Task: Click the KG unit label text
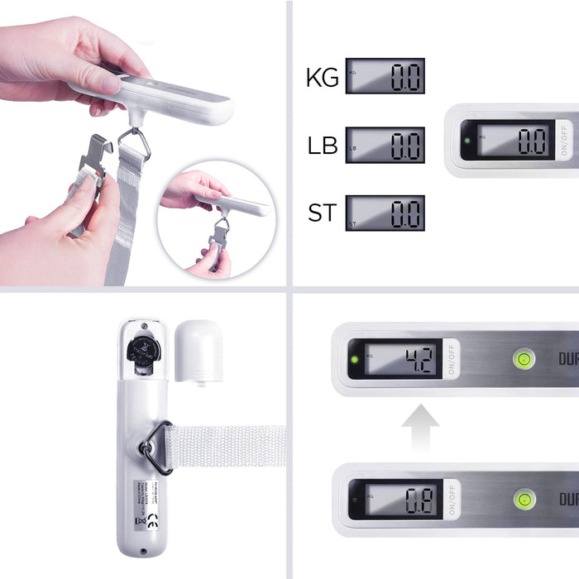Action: pyautogui.click(x=323, y=78)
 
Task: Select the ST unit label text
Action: pyautogui.click(x=323, y=213)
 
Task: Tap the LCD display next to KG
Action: pyautogui.click(x=385, y=76)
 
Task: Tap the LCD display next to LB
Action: pyautogui.click(x=385, y=145)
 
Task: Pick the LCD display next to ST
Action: pyautogui.click(x=385, y=213)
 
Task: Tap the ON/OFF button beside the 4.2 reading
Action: pyautogui.click(x=452, y=359)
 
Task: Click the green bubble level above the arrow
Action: pyautogui.click(x=524, y=359)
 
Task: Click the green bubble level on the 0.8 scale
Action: pyautogui.click(x=524, y=499)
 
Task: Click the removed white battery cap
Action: pyautogui.click(x=199, y=352)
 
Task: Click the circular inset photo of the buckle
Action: pyautogui.click(x=213, y=219)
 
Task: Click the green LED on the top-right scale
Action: pyautogui.click(x=467, y=140)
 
